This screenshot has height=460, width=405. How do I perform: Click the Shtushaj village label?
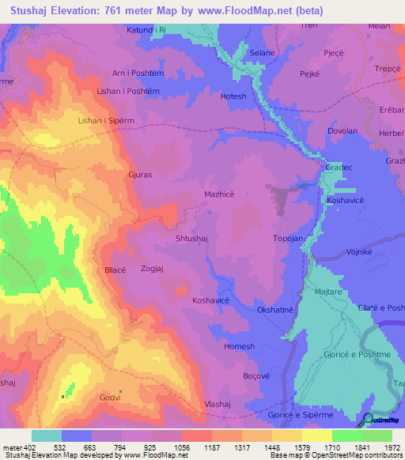pyautogui.click(x=191, y=236)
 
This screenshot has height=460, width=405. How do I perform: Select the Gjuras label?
pyautogui.click(x=140, y=175)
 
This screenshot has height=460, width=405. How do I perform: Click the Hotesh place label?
pyautogui.click(x=233, y=96)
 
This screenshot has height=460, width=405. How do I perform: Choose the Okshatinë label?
pyautogui.click(x=277, y=310)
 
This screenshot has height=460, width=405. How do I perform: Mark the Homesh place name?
pyautogui.click(x=240, y=346)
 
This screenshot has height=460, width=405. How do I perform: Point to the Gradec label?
pyautogui.click(x=337, y=168)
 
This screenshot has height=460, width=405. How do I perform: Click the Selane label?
pyautogui.click(x=263, y=52)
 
